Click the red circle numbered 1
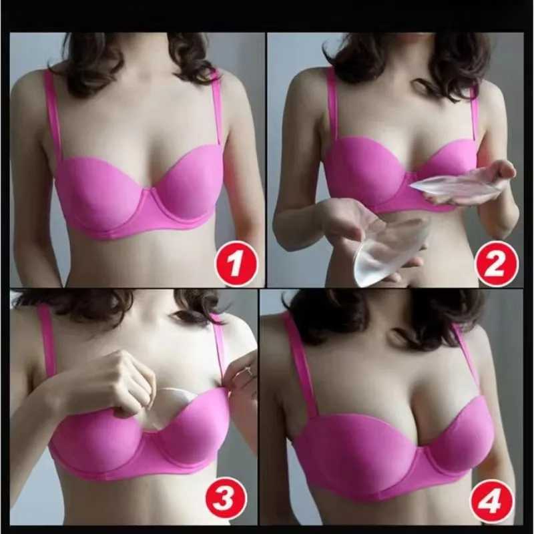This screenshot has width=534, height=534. (234, 261)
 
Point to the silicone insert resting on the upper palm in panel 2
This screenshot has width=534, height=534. (454, 188)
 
